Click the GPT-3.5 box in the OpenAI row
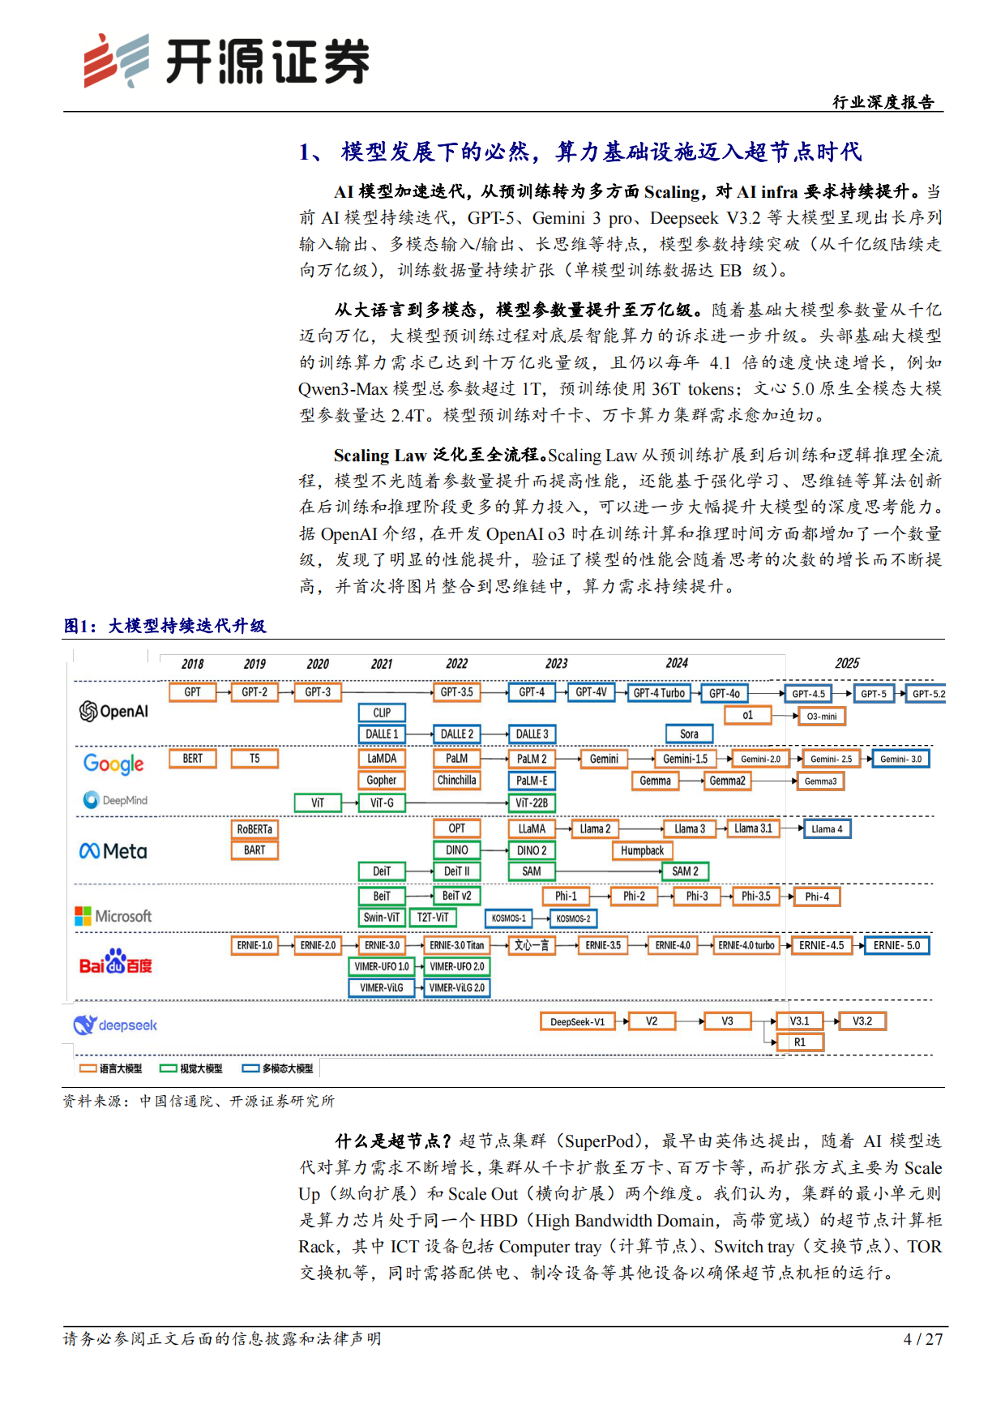coord(456,692)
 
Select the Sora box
coord(689,734)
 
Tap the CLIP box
coord(382,713)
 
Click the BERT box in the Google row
coord(193,759)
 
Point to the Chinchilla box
coord(456,780)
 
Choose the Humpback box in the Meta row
coord(642,850)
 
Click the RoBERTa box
coord(254,829)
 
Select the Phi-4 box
coord(817,897)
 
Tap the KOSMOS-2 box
coord(573,918)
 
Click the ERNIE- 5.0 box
coord(896,945)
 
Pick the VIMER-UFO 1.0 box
coord(382,966)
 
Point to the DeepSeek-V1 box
coord(577,1021)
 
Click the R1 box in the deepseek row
coord(800,1042)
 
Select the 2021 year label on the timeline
coord(382,664)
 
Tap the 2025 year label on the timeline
coord(847,663)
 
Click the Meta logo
coord(113,851)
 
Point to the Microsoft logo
coord(113,916)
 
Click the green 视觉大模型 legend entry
coord(191,1068)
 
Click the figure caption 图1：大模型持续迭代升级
coord(165,626)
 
